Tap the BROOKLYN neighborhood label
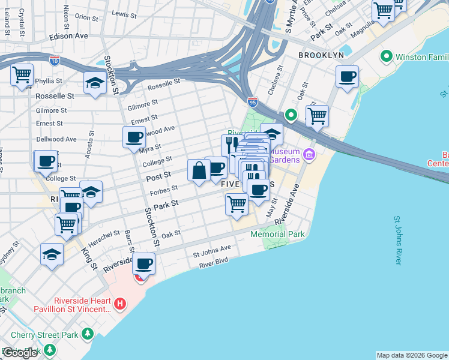click(321, 55)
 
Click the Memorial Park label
click(277, 234)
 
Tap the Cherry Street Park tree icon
click(88, 333)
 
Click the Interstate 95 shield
click(253, 103)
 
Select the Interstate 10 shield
click(55, 61)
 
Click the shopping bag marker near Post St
click(199, 170)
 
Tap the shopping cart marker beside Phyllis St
click(22, 75)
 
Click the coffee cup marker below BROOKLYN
click(347, 77)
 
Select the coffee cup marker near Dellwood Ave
click(134, 137)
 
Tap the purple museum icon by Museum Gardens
click(309, 155)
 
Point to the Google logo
click(20, 353)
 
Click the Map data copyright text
click(412, 355)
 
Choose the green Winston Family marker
click(385, 58)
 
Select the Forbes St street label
click(166, 190)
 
